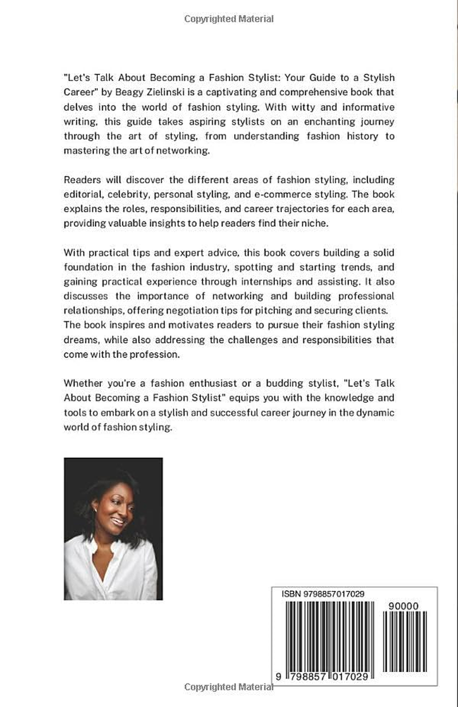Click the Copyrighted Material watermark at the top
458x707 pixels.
(229, 19)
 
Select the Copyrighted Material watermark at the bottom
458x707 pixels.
(229, 686)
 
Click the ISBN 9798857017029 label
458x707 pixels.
(322, 595)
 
